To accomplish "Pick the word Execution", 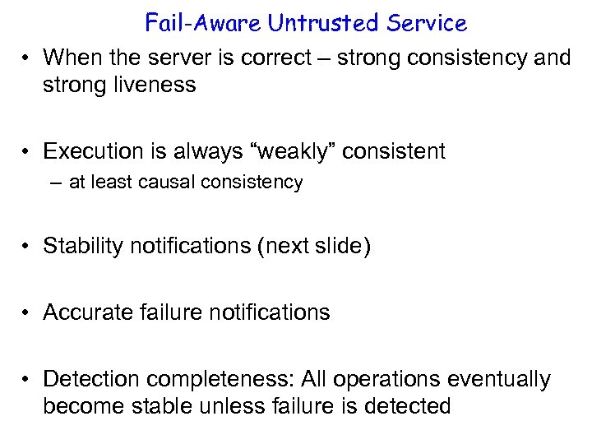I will click(x=92, y=151).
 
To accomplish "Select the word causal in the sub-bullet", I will click(x=177, y=183).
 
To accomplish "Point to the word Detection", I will click(x=90, y=379).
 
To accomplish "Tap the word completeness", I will click(x=221, y=379).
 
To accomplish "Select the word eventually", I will click(x=498, y=379).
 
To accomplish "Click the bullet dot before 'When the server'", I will click(x=27, y=58).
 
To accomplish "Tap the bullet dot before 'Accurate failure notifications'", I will click(x=27, y=312).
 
